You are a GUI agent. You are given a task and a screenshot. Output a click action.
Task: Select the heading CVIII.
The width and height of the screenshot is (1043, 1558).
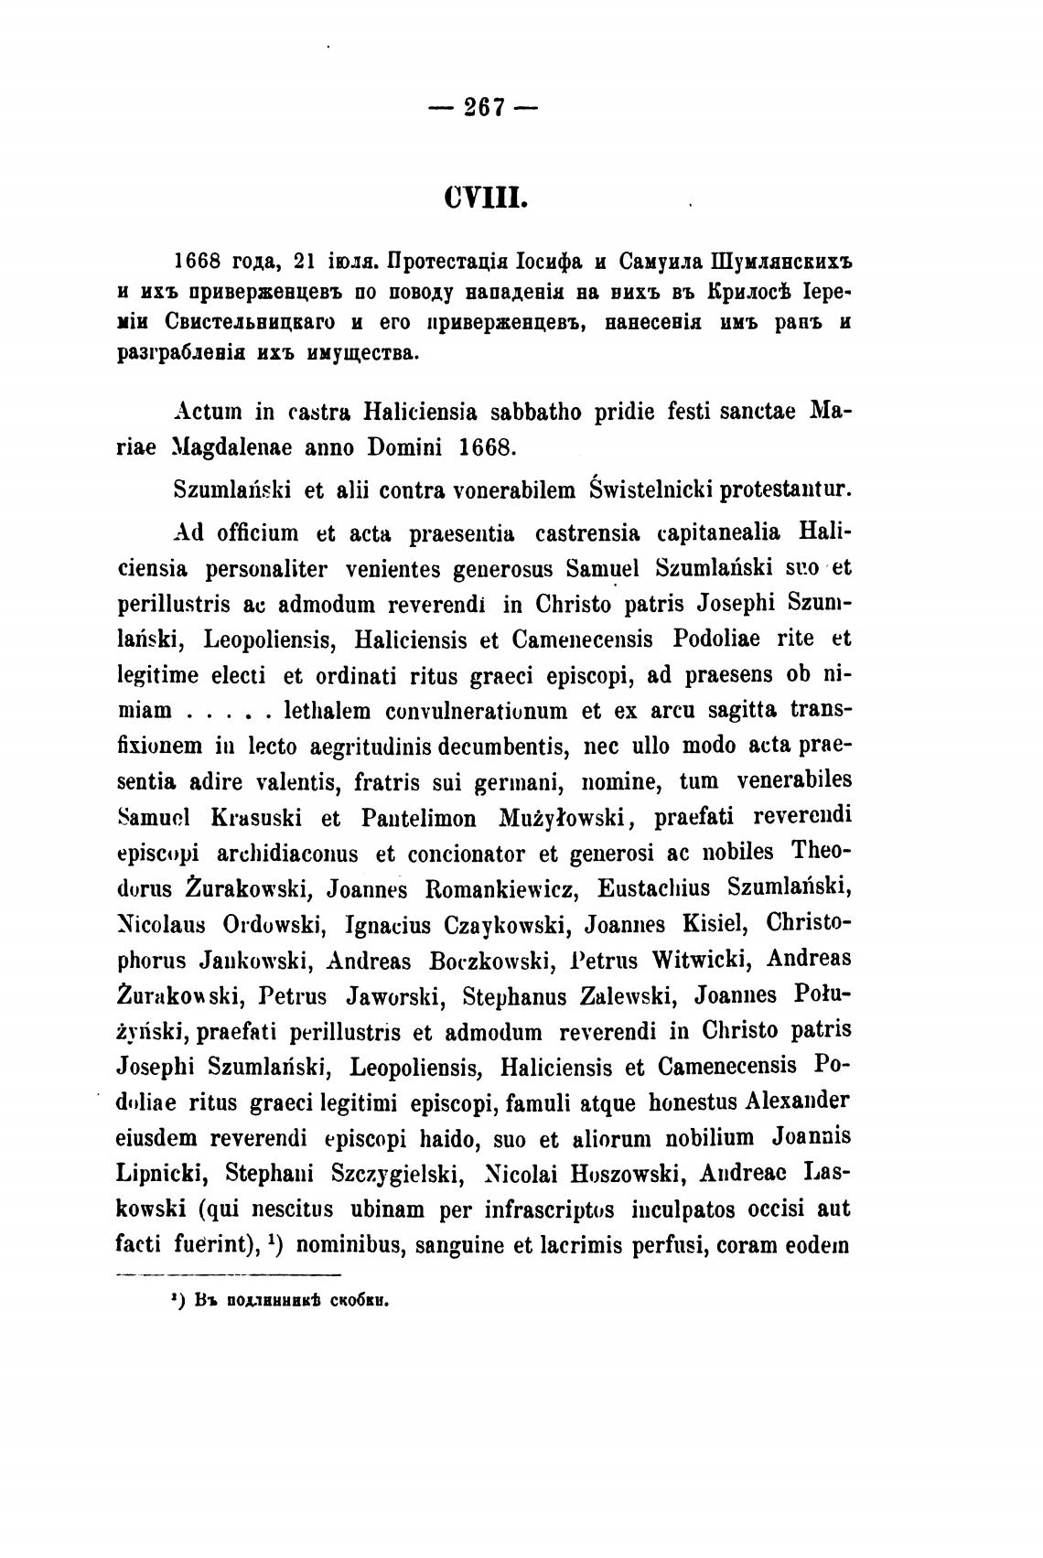click(484, 199)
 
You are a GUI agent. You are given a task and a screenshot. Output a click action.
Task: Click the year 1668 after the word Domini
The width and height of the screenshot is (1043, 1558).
click(490, 448)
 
